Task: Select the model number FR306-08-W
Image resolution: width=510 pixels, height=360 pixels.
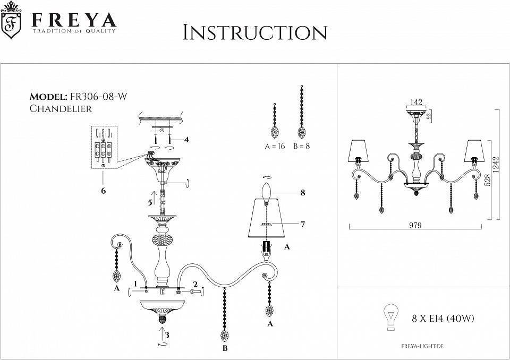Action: pyautogui.click(x=99, y=97)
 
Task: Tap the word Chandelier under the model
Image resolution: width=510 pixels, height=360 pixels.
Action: pyautogui.click(x=61, y=109)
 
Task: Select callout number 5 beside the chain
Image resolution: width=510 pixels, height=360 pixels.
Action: pyautogui.click(x=150, y=203)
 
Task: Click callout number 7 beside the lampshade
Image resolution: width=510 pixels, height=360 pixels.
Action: pyautogui.click(x=302, y=224)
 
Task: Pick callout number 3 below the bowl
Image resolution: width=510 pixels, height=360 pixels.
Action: pyautogui.click(x=167, y=335)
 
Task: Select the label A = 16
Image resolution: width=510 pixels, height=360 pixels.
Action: pyautogui.click(x=275, y=146)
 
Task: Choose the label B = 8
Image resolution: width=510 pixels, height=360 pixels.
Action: pyautogui.click(x=301, y=146)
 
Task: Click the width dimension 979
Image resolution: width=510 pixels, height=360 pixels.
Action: pyautogui.click(x=416, y=225)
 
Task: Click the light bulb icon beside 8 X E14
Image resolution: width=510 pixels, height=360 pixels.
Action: pyautogui.click(x=392, y=317)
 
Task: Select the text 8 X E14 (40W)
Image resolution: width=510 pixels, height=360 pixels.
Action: pyautogui.click(x=443, y=319)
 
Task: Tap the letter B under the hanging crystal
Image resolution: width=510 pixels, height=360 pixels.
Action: pyautogui.click(x=225, y=348)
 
